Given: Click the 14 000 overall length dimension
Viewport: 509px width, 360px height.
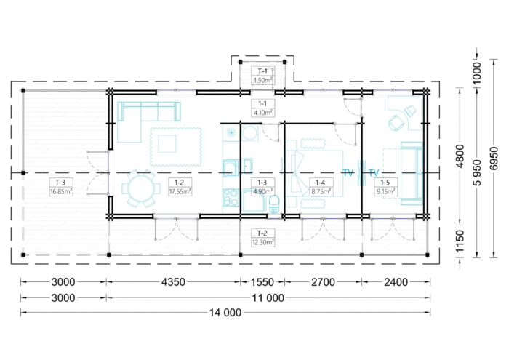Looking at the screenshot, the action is point(225,313).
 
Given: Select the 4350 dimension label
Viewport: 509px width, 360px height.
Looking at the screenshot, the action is point(173,281).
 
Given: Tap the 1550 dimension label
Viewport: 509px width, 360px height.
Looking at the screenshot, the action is point(262,281).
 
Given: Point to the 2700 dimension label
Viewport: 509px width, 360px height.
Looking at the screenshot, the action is point(323,281).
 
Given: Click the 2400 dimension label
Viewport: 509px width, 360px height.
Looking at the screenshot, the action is point(396,281).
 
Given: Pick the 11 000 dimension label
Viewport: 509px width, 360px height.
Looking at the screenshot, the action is point(268,297).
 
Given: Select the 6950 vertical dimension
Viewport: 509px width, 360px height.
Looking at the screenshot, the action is point(494,158).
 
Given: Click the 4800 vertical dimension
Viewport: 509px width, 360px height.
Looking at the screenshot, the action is point(460,156).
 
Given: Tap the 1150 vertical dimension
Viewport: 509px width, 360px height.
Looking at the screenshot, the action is point(460,241).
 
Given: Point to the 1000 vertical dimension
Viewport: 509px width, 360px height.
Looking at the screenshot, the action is point(476,73).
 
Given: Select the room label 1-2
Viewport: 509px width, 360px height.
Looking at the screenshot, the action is point(179,183).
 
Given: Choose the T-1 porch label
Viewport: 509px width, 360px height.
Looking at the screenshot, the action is point(262,71).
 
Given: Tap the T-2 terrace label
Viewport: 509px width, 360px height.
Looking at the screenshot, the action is point(262,233).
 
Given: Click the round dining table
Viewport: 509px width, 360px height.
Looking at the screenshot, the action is point(141,188).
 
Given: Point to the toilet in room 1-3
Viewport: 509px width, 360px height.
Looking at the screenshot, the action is point(274,204).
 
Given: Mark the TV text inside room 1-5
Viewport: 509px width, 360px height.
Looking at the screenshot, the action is point(374,172).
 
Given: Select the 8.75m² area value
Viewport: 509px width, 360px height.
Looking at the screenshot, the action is point(321,192).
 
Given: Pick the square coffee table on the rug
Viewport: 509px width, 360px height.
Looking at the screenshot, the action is point(167,144).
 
